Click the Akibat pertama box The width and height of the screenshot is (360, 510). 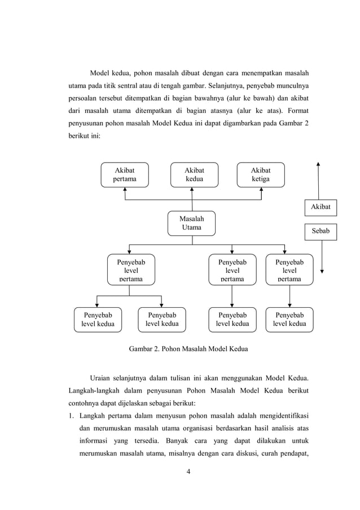pyautogui.click(x=125, y=175)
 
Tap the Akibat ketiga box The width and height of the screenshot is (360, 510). pyautogui.click(x=261, y=175)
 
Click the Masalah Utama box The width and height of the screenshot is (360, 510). pyautogui.click(x=192, y=223)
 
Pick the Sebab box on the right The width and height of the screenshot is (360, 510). pyautogui.click(x=320, y=231)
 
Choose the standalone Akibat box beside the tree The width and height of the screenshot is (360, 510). pyautogui.click(x=320, y=207)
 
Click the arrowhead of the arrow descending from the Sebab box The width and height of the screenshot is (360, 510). pyautogui.click(x=322, y=271)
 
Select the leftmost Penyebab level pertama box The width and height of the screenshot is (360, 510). pyautogui.click(x=130, y=270)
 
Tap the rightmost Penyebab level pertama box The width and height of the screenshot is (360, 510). pyautogui.click(x=289, y=270)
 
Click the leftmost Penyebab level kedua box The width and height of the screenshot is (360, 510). pyautogui.click(x=98, y=319)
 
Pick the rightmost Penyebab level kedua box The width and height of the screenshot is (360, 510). pyautogui.click(x=289, y=319)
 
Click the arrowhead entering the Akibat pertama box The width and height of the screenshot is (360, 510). pyautogui.click(x=125, y=190)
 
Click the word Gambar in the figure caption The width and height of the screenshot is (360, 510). pyautogui.click(x=142, y=349)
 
